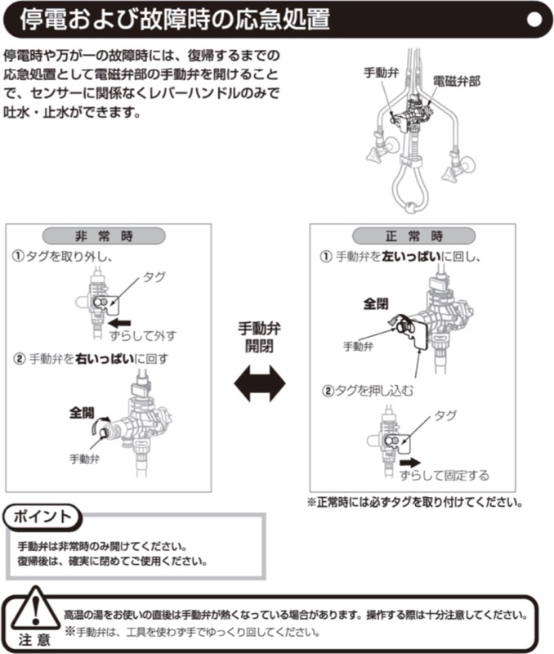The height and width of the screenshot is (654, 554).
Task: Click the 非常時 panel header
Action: (x=104, y=235)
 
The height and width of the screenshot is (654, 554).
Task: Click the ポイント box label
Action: (x=43, y=517)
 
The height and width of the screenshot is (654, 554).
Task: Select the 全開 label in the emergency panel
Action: (x=82, y=412)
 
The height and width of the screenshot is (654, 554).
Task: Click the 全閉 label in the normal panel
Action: (x=376, y=303)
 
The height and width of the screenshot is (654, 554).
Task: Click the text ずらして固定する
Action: (x=445, y=476)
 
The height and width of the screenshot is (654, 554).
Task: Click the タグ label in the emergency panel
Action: (x=154, y=278)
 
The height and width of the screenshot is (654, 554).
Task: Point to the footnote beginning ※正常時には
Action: (x=414, y=502)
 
